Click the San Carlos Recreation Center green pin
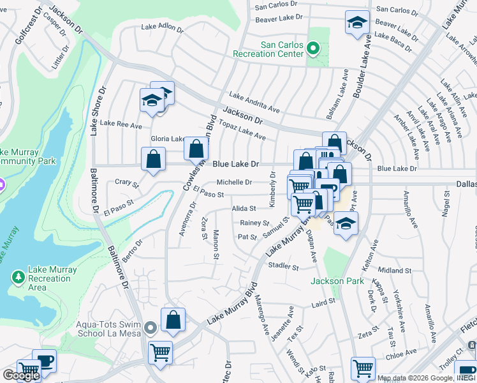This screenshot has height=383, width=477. pyautogui.click(x=312, y=49)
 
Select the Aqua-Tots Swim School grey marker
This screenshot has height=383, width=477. pyautogui.click(x=150, y=328)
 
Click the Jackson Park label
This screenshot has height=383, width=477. pyautogui.click(x=332, y=281)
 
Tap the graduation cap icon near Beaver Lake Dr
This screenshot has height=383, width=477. pyautogui.click(x=357, y=23)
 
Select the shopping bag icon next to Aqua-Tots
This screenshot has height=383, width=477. pyautogui.click(x=173, y=320)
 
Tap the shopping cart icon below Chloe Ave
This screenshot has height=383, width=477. pyautogui.click(x=363, y=368)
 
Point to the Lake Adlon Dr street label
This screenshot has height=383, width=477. pyautogui.click(x=162, y=28)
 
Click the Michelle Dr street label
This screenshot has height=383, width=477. pyautogui.click(x=234, y=183)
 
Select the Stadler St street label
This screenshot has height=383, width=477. pyautogui.click(x=283, y=265)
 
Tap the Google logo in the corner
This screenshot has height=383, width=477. pyautogui.click(x=21, y=375)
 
